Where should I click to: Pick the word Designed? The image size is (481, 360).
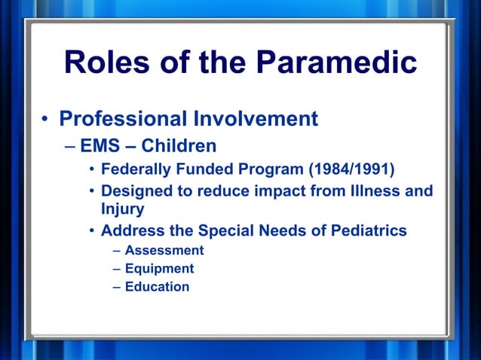click(136, 191)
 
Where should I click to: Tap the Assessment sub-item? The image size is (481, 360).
click(164, 250)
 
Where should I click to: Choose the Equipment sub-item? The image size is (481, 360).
click(159, 268)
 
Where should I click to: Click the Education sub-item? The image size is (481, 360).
click(157, 286)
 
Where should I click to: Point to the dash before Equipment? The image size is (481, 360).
click(117, 268)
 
